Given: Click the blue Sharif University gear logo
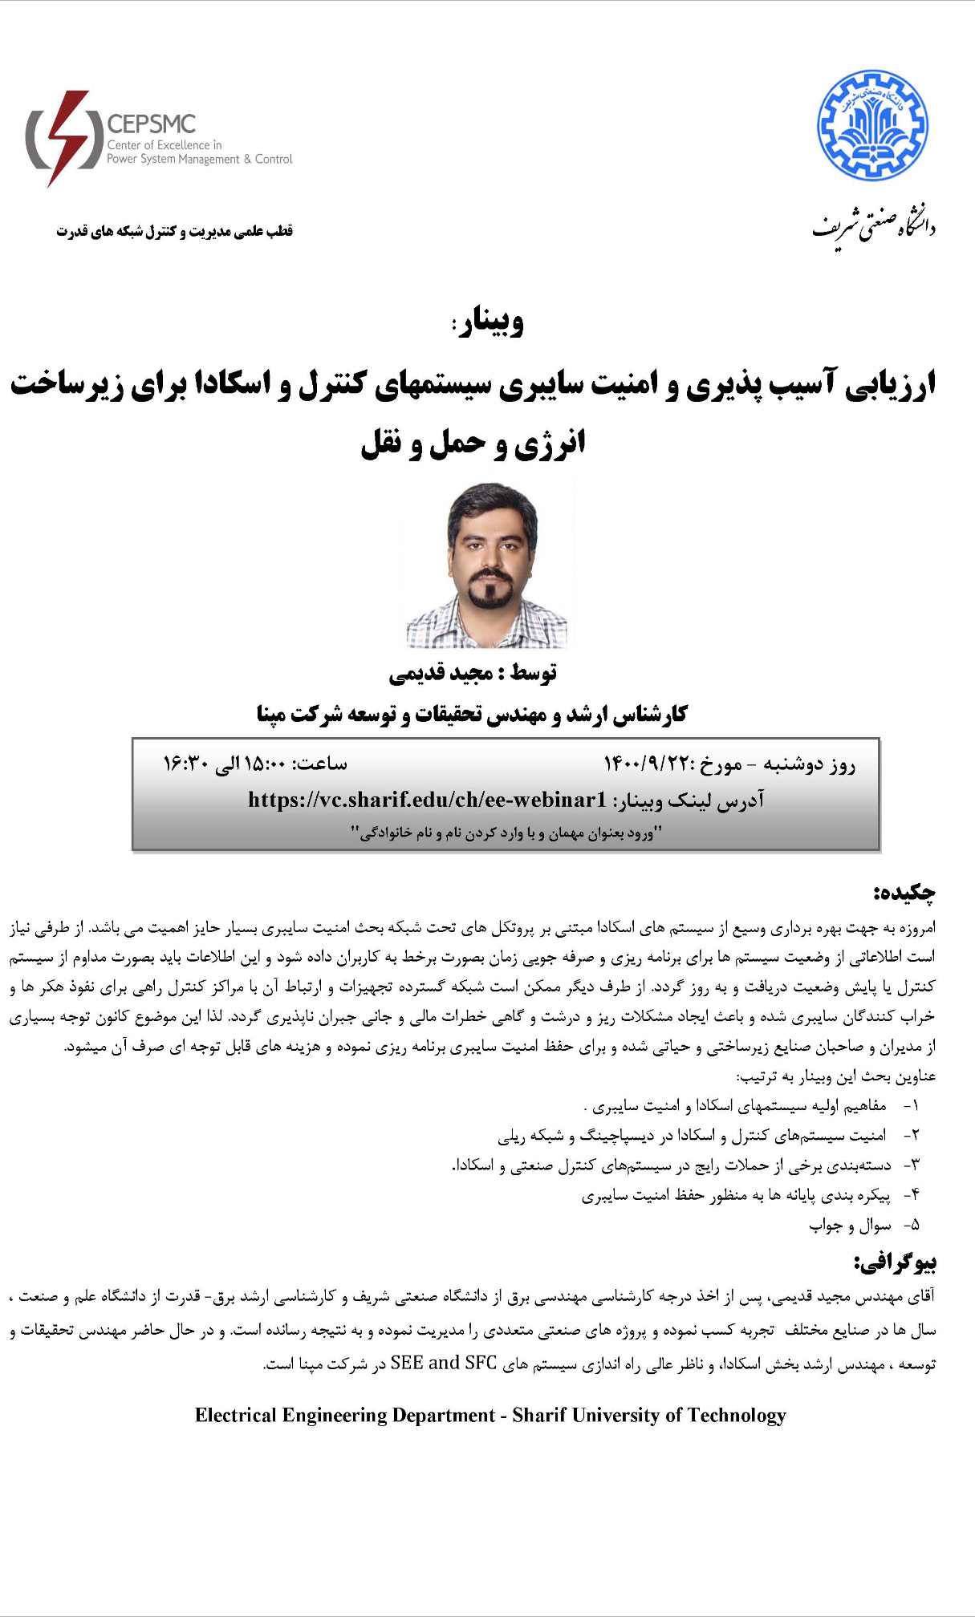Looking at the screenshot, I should (872, 125).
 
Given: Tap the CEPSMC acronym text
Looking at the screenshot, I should (152, 124).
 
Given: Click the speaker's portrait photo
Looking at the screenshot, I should (487, 564).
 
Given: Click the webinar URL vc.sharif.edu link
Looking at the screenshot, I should (427, 800).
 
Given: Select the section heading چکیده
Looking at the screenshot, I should (905, 893).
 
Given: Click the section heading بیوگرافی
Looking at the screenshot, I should (896, 1262).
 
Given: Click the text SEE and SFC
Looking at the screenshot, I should (444, 1363).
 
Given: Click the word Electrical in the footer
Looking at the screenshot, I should (235, 1416).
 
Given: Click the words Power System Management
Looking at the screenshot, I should (173, 160).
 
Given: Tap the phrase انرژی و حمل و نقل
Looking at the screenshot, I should (473, 444).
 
